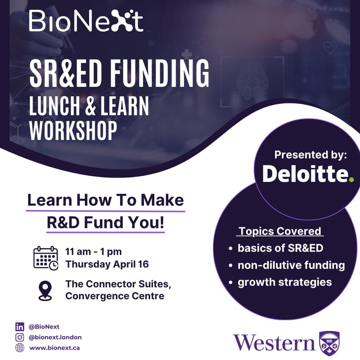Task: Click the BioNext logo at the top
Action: coord(86,21)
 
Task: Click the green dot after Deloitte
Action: coord(351,180)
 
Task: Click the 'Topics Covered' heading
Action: coord(280,231)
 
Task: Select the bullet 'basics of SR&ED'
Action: coord(280,248)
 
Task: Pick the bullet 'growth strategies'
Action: coord(284,283)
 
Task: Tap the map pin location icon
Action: coord(45,290)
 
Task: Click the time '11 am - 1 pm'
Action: coord(93,252)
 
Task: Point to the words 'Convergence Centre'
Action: coord(114,296)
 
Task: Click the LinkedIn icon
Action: coord(20,327)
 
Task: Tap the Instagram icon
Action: coord(20,337)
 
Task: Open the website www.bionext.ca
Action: coord(54,348)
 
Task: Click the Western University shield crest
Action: coord(329,343)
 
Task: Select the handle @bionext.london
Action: coord(55,337)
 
